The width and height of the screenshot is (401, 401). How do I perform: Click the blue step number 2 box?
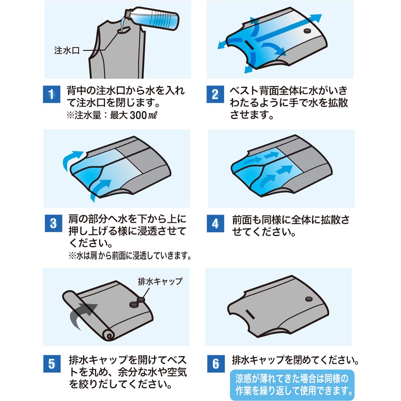pos(215,95)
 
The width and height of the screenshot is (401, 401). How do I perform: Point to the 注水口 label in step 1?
pos(67,51)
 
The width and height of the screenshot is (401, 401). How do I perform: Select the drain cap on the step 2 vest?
pos(308,31)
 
